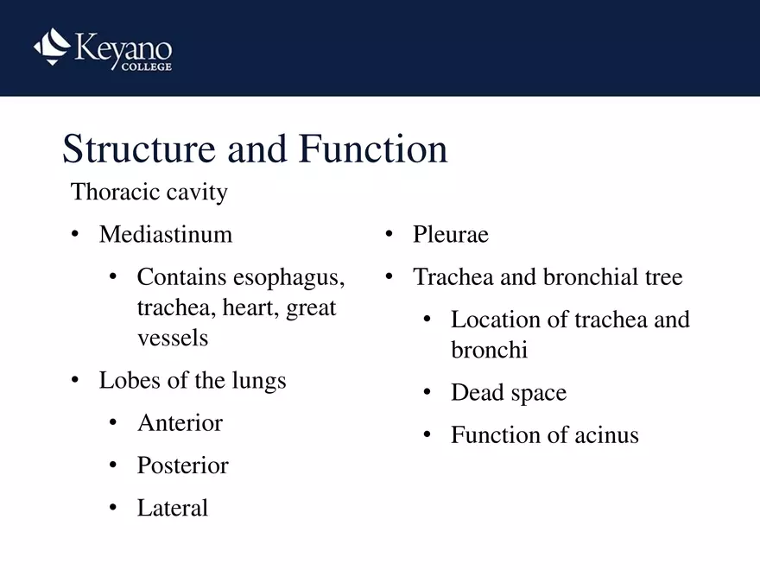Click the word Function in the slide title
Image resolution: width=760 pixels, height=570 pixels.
click(373, 149)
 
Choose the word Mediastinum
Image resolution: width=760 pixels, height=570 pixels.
click(166, 234)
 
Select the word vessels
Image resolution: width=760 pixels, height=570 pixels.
click(173, 338)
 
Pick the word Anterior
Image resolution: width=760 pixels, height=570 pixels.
click(180, 423)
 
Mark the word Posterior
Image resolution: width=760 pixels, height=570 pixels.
click(182, 465)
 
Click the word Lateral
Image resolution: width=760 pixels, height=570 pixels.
click(173, 508)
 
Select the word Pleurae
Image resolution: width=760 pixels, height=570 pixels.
click(451, 234)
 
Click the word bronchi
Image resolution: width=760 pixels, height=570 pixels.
click(489, 350)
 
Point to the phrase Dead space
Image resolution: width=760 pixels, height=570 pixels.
click(509, 393)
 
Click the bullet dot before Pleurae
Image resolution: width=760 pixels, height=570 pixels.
click(389, 234)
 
